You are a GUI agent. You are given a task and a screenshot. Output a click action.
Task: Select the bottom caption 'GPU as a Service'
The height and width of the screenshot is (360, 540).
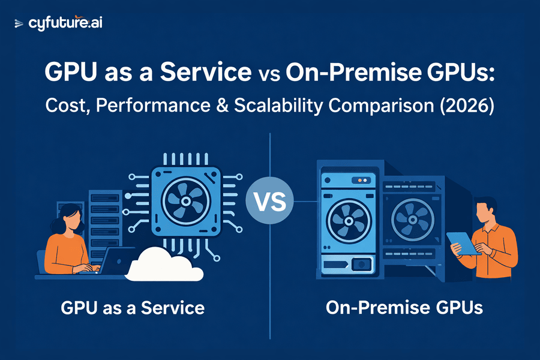coord(133,308)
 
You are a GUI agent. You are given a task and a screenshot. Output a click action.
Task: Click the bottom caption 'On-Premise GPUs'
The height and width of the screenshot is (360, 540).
coord(404,308)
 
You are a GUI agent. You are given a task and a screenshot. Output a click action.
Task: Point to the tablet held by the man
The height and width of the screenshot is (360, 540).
coord(463,243)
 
